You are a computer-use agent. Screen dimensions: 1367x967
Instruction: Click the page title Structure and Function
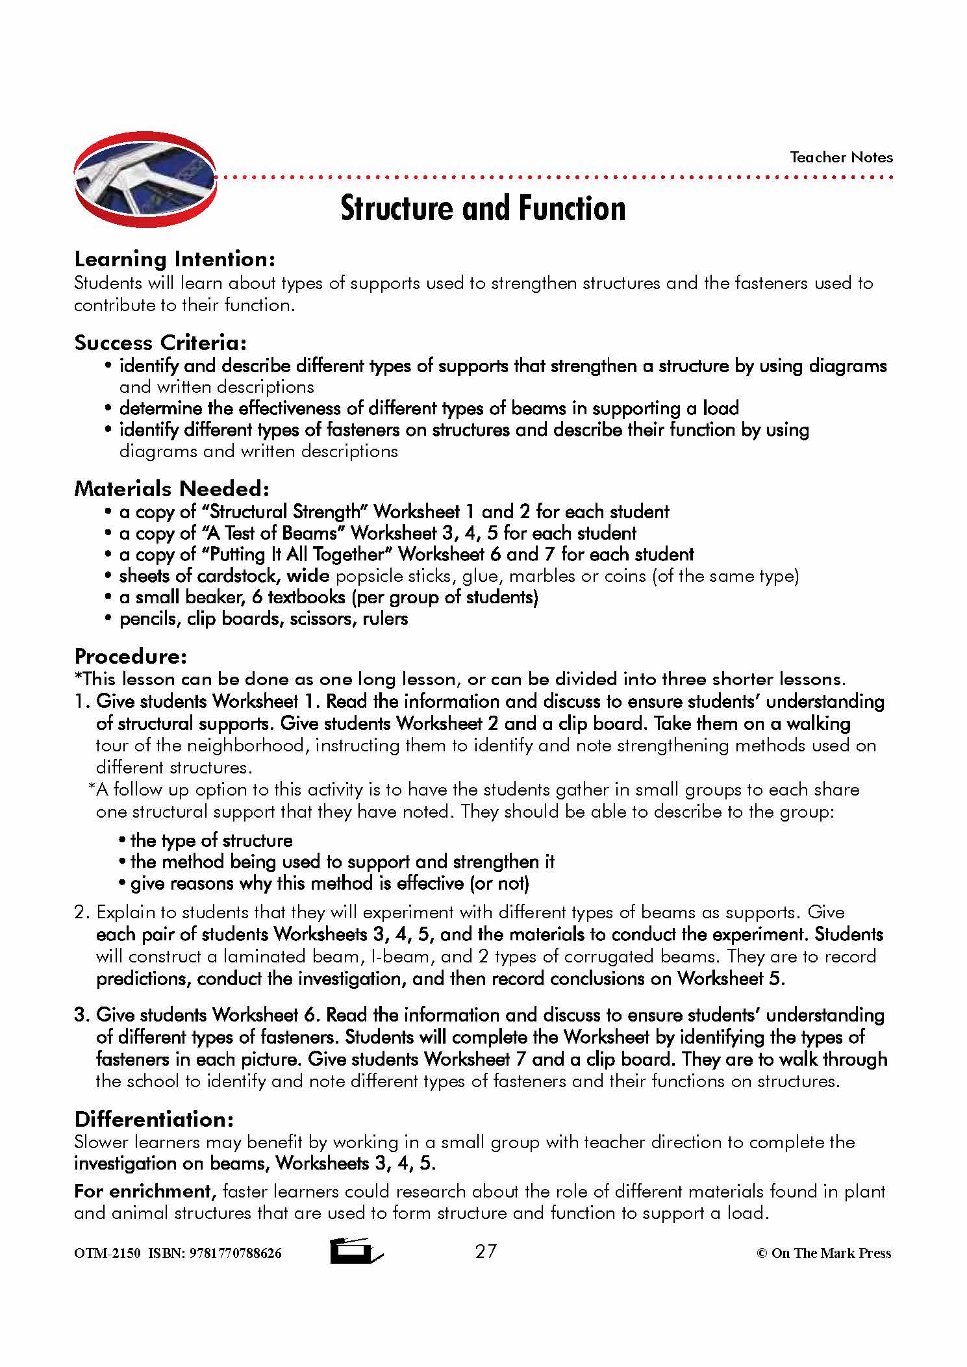(x=483, y=208)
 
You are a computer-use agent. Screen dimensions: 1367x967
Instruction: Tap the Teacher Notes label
(x=841, y=157)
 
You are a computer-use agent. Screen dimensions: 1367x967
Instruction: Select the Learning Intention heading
(x=175, y=259)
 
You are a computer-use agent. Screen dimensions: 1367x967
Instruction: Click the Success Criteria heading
(x=160, y=342)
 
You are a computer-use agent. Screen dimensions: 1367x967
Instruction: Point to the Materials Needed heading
(x=171, y=488)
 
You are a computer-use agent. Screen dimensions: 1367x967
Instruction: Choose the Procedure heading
(x=131, y=656)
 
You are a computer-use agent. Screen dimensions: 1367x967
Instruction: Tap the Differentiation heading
(x=154, y=1119)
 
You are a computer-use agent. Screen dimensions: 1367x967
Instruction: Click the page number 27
(x=486, y=1251)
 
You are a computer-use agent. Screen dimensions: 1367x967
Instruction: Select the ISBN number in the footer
(x=235, y=1253)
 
